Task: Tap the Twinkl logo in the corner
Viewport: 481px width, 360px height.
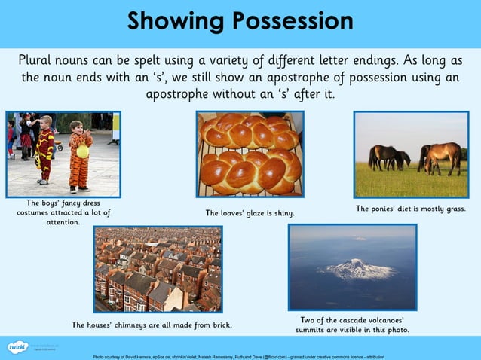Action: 17,346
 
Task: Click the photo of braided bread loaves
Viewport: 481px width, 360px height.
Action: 250,154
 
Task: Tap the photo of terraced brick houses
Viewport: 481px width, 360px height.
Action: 158,269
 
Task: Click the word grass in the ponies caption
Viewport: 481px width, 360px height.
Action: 453,209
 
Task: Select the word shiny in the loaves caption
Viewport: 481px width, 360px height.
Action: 280,213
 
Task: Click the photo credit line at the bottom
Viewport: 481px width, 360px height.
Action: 238,355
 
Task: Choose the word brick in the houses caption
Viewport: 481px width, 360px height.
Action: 219,325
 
